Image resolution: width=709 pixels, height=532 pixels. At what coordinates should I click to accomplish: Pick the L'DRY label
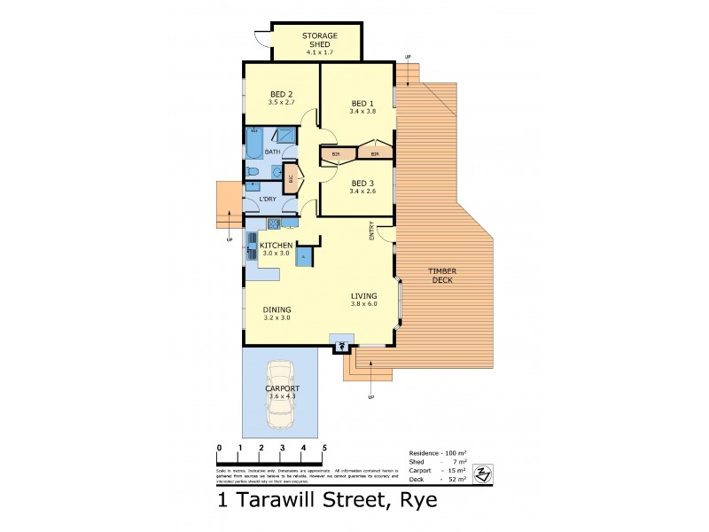point(257,199)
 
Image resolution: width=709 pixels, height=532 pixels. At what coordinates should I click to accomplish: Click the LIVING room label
point(363,296)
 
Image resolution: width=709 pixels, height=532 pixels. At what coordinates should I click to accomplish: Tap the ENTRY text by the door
point(372,229)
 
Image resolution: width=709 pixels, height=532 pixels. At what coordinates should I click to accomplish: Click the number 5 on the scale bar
point(325,448)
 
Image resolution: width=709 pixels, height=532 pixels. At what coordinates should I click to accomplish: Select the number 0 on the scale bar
point(219,448)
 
